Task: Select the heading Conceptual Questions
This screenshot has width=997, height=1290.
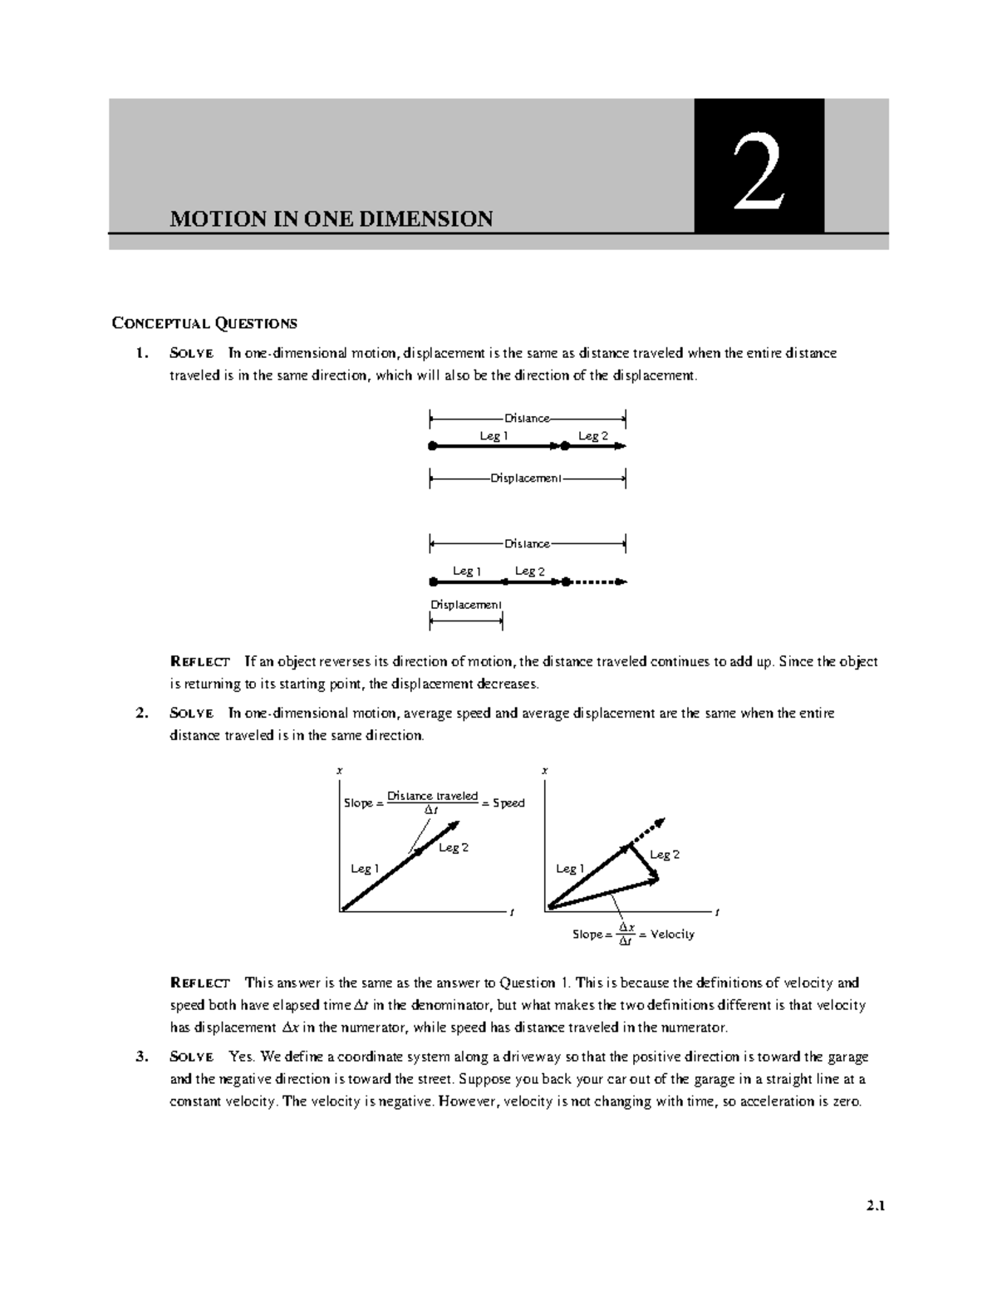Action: point(204,323)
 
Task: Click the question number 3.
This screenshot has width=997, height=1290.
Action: point(142,1057)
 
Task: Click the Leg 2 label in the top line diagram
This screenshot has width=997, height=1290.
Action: point(593,435)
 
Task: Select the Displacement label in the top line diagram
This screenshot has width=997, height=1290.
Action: point(527,478)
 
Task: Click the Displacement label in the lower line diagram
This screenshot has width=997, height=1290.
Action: point(465,604)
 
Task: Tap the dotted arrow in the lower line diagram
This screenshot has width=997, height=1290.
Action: point(597,582)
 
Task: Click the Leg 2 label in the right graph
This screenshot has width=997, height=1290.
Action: point(665,855)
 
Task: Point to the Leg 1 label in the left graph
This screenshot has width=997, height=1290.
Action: point(365,869)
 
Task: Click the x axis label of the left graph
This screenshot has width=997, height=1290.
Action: point(339,772)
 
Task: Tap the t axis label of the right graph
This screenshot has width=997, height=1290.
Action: point(717,913)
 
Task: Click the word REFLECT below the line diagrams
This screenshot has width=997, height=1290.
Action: point(199,662)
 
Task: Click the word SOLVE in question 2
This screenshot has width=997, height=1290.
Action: point(191,714)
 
